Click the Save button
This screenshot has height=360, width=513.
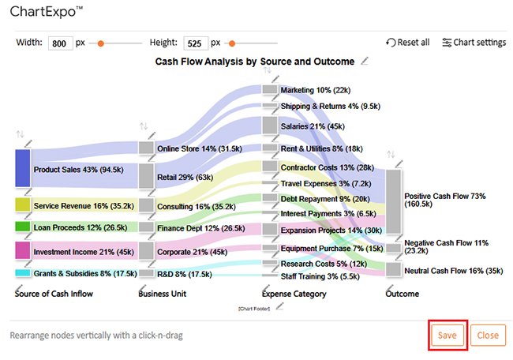coord(447,335)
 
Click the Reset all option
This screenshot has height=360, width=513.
coord(408,43)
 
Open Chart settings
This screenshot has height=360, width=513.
coord(474,43)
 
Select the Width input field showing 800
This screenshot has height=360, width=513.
coord(60,43)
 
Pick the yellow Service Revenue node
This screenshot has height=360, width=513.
coord(23,205)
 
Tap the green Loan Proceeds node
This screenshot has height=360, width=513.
coord(23,227)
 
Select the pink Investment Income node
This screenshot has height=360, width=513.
coord(23,251)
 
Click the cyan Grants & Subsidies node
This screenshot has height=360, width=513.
coord(23,273)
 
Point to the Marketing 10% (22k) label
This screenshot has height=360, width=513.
coord(316,90)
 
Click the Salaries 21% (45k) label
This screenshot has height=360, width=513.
coord(312,126)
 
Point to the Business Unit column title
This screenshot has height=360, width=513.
coord(163,294)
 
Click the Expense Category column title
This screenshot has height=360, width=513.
coord(294,294)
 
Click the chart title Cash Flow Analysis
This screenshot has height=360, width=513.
coord(255,61)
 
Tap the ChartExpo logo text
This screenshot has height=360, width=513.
coord(47,13)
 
